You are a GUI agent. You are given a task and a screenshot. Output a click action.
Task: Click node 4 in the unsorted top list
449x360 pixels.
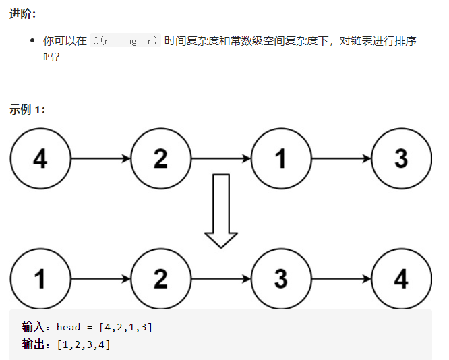coord(40,159)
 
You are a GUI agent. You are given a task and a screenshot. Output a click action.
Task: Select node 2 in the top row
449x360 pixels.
coord(160,159)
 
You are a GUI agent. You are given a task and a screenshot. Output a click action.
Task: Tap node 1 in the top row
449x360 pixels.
coord(281,159)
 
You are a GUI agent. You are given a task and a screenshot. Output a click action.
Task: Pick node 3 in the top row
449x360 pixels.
coord(401,159)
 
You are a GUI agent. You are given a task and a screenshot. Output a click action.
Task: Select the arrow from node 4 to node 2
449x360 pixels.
coord(100,159)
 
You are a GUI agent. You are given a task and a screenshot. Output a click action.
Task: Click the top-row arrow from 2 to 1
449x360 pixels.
coord(220,159)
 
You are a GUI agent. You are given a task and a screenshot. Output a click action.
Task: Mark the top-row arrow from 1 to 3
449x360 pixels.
coord(341,159)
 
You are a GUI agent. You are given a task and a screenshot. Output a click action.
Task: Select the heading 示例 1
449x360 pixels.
coord(28,110)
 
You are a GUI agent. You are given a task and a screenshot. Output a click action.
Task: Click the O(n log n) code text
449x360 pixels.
coord(125,41)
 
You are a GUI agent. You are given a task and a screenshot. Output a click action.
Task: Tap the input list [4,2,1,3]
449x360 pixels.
coord(125,328)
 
